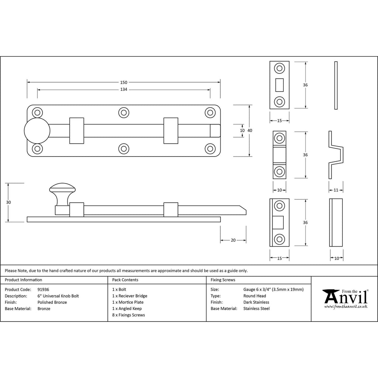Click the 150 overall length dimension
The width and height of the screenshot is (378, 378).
coord(124,82)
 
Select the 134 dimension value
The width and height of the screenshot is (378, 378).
coord(124,89)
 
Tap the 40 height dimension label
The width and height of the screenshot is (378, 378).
coord(250,130)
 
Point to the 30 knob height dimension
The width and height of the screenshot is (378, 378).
coord(8,203)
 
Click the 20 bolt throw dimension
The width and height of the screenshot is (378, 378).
coord(233,240)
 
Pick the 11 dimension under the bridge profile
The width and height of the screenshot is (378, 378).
coord(336,190)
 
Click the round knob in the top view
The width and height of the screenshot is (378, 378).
coord(37,131)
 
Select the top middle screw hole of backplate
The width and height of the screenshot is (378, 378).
coord(124,113)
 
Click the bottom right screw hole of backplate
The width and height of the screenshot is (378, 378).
coord(210,149)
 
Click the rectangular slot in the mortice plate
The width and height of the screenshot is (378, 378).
coord(279,85)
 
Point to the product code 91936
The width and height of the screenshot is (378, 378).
coord(44,289)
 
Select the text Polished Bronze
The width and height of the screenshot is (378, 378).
coord(52,302)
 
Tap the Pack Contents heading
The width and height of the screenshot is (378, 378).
coord(125,280)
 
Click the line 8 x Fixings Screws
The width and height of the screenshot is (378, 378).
coord(128,315)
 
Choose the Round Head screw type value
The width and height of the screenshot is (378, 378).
coord(255,296)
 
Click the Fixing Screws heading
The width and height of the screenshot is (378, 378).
coord(223,280)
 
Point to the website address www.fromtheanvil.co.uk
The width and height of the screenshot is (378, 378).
coord(346,307)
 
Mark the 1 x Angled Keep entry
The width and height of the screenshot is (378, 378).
coord(127,309)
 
